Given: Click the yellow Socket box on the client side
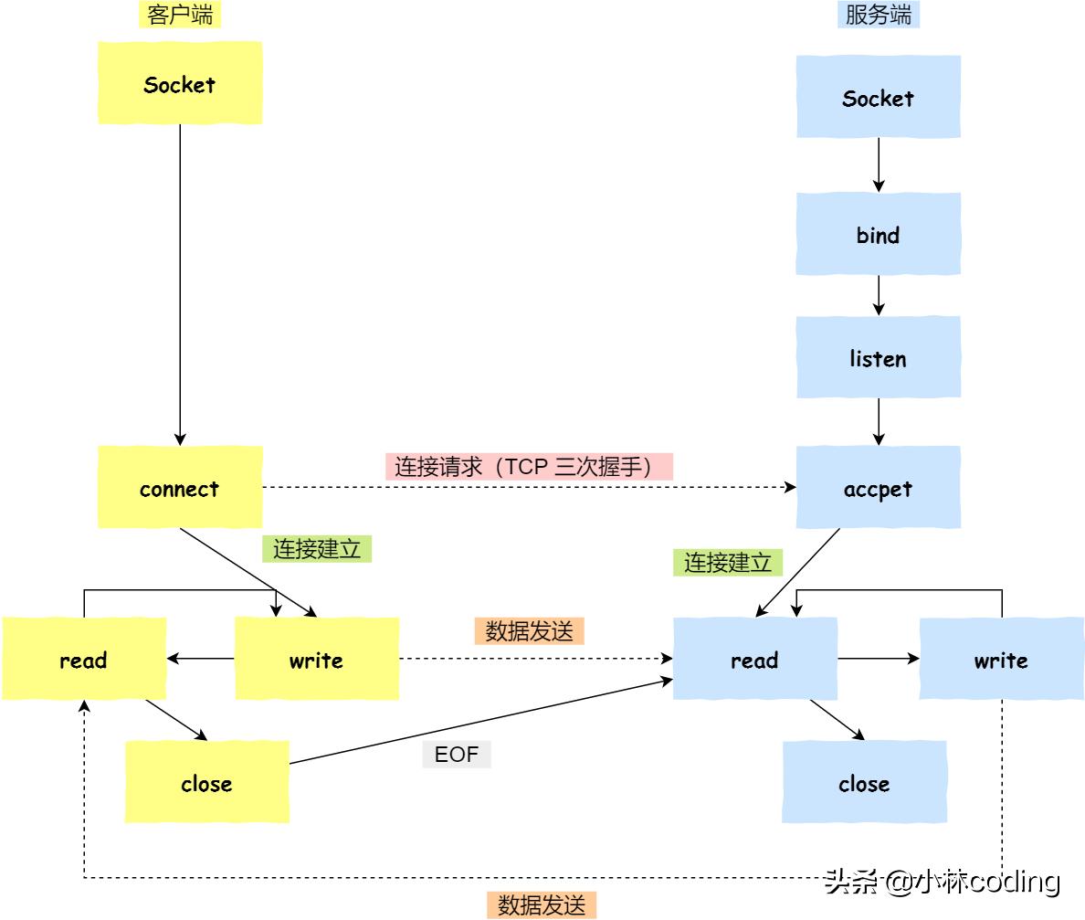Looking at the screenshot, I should [x=180, y=83].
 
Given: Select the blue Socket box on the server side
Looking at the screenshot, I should [x=878, y=97].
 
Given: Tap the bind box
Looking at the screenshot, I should [x=878, y=234].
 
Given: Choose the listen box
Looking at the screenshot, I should [x=878, y=357].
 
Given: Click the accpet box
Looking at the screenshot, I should [x=878, y=488].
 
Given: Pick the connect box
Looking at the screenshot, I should [x=180, y=488].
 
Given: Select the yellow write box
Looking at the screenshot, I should [x=316, y=659].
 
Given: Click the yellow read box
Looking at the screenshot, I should [x=84, y=659].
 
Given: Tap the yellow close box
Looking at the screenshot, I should [x=206, y=782].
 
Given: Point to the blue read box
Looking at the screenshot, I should [x=754, y=659].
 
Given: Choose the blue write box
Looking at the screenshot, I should [x=1001, y=659].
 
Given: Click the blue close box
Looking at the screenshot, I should [x=864, y=782].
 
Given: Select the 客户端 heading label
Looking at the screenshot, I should [x=180, y=15].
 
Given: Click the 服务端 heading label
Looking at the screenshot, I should [x=878, y=15].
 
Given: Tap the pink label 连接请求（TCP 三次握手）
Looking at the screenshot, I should [x=529, y=466].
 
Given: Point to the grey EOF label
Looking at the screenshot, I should [x=457, y=755].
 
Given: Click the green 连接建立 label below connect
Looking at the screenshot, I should [x=317, y=548].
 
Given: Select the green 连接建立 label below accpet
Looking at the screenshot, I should [x=728, y=562].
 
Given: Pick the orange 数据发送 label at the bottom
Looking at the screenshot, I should [x=542, y=904].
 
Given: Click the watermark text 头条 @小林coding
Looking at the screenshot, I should [x=942, y=881].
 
